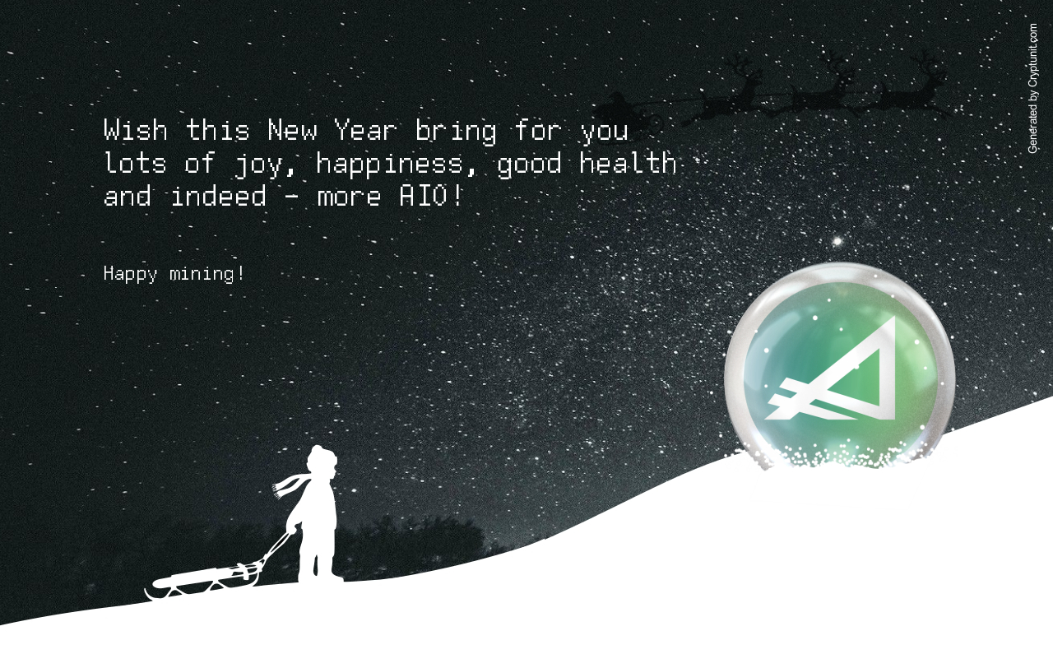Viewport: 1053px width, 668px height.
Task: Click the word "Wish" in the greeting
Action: pos(136,130)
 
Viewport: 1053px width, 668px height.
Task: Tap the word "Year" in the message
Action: pos(366,130)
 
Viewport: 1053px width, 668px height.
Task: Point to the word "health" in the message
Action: pos(628,163)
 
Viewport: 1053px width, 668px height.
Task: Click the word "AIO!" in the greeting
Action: pos(431,196)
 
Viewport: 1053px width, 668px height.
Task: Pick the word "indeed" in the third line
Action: pos(218,196)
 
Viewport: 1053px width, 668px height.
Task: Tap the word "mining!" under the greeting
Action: pos(206,274)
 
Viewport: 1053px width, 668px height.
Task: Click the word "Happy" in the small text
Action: pos(130,274)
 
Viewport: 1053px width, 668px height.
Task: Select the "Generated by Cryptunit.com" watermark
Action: pos(1032,88)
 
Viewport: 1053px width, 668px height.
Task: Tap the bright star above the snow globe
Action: pos(837,242)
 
